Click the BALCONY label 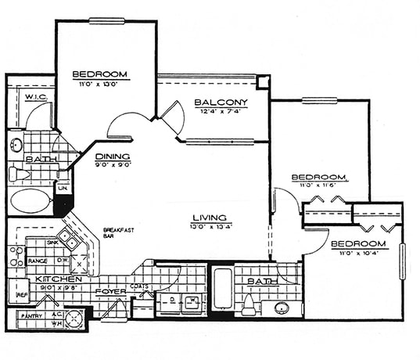[x=221, y=103]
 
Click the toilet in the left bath [x=18, y=173]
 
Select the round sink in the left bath [x=16, y=145]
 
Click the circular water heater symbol [x=74, y=319]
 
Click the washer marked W [x=192, y=301]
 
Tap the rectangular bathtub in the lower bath [x=222, y=290]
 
